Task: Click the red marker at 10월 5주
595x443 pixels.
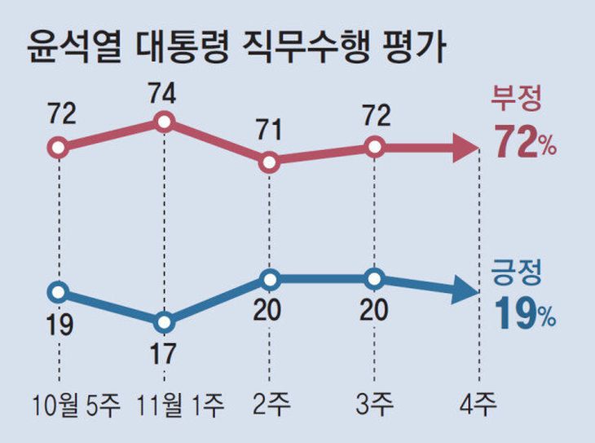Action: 58,148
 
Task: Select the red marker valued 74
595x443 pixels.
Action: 165,122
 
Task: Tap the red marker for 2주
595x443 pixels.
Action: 270,162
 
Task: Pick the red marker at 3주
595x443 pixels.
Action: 375,147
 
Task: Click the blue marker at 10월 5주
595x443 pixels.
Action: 58,291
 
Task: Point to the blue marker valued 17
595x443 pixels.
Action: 165,322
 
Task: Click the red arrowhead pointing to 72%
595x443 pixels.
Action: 465,148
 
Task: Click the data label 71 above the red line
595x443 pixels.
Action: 270,129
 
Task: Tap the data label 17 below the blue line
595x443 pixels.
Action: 165,356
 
